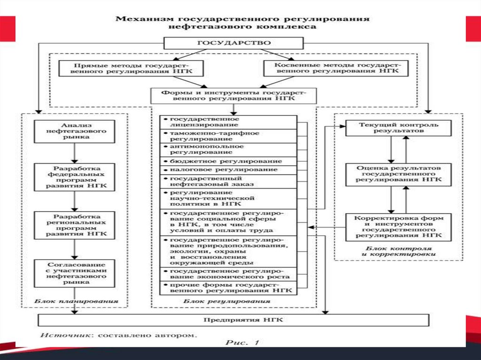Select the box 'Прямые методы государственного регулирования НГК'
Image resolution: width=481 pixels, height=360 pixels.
coord(131,69)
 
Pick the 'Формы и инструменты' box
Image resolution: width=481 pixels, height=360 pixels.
coord(233,96)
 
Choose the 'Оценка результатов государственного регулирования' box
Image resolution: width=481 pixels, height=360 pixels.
coord(398,173)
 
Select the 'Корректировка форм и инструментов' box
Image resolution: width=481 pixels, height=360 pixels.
coord(398,227)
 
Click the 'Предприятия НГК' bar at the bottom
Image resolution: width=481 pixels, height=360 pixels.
coord(233,320)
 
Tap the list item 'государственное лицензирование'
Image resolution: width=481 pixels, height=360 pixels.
coord(228,123)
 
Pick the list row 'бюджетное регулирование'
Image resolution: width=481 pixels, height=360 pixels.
coord(228,161)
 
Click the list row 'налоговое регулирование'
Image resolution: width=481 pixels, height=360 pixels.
coord(228,170)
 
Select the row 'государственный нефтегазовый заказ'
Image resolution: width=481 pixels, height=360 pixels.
coord(228,182)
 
